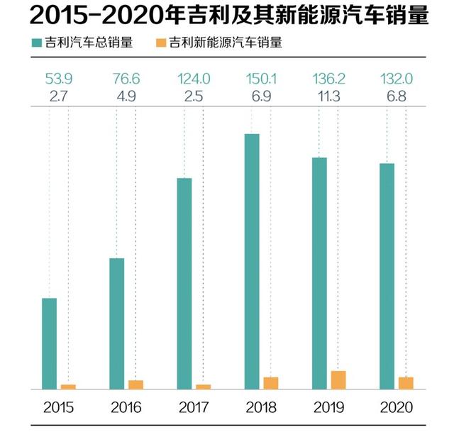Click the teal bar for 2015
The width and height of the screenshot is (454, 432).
tap(50, 344)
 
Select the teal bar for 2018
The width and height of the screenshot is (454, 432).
tap(252, 261)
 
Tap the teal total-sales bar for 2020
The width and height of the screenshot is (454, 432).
tap(387, 277)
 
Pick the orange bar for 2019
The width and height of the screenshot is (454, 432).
tap(338, 380)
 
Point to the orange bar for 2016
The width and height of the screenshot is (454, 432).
tap(135, 385)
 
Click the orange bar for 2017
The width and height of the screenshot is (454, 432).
tap(204, 387)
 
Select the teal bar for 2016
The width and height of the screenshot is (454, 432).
tap(117, 323)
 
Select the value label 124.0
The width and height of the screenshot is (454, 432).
tap(192, 77)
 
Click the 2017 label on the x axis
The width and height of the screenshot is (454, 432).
tap(193, 408)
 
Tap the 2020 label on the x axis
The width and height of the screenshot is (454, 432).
tap(395, 408)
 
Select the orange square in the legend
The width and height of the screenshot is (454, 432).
tap(160, 43)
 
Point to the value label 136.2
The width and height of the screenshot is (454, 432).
tap(328, 77)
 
